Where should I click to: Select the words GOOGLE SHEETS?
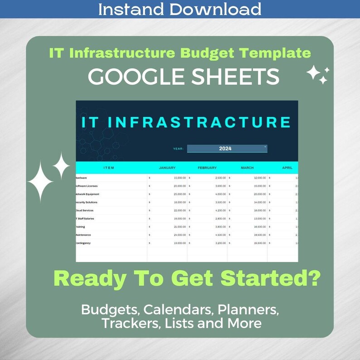[183, 77]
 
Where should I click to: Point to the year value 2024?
[225, 148]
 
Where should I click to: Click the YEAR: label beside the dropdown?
[178, 149]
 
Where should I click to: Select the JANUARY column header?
[167, 168]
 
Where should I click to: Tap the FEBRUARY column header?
[207, 168]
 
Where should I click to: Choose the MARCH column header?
[247, 168]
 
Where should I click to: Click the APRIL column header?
[287, 168]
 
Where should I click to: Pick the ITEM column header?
[109, 168]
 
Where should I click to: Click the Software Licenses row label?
[87, 186]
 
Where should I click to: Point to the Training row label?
[80, 227]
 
